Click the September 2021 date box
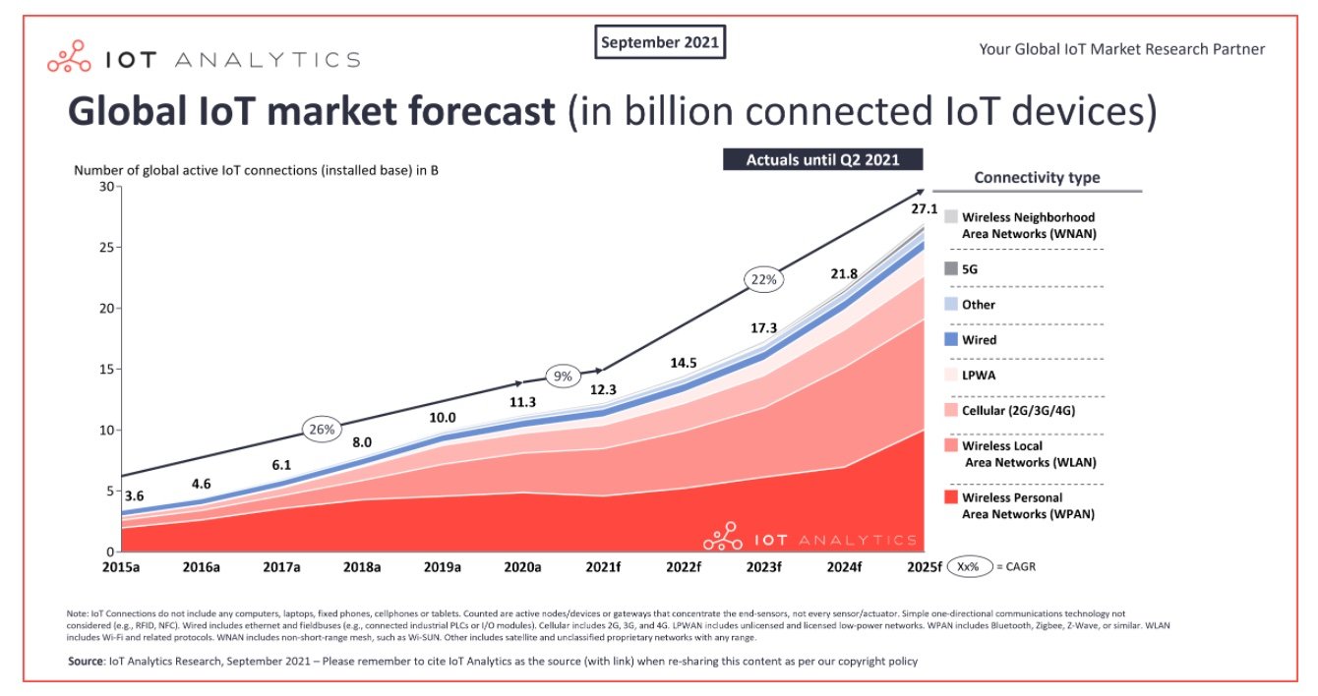click(661, 42)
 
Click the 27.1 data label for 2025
click(924, 209)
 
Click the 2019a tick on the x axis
click(443, 567)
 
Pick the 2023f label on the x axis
click(763, 567)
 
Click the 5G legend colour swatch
click(951, 268)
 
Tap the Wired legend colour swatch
click(951, 339)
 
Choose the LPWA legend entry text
click(979, 376)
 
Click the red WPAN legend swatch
click(951, 498)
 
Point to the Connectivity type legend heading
click(1037, 178)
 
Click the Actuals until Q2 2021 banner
click(824, 159)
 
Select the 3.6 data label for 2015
click(133, 496)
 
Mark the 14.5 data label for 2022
click(683, 363)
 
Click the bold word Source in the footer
click(86, 662)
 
